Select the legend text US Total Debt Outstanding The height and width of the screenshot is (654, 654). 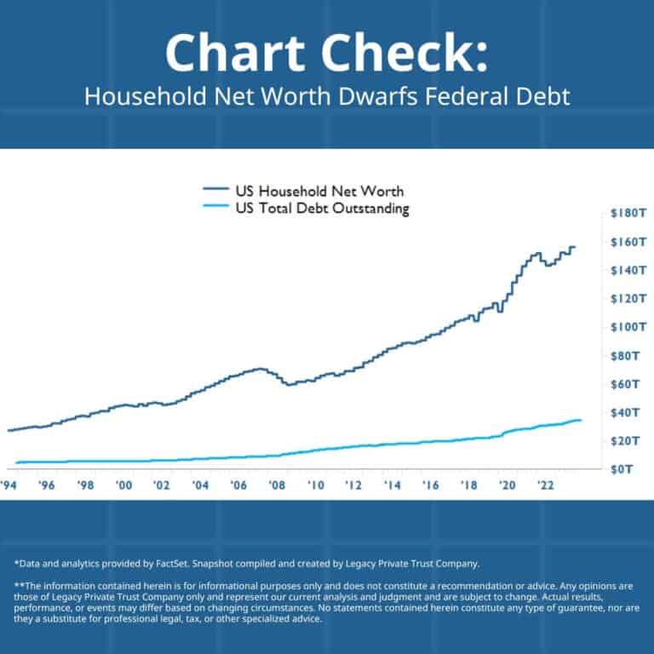coord(322,209)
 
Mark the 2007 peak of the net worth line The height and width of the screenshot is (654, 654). coord(261,369)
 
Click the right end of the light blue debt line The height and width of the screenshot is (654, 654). coord(581,420)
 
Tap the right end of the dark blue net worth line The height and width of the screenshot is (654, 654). coord(575,247)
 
